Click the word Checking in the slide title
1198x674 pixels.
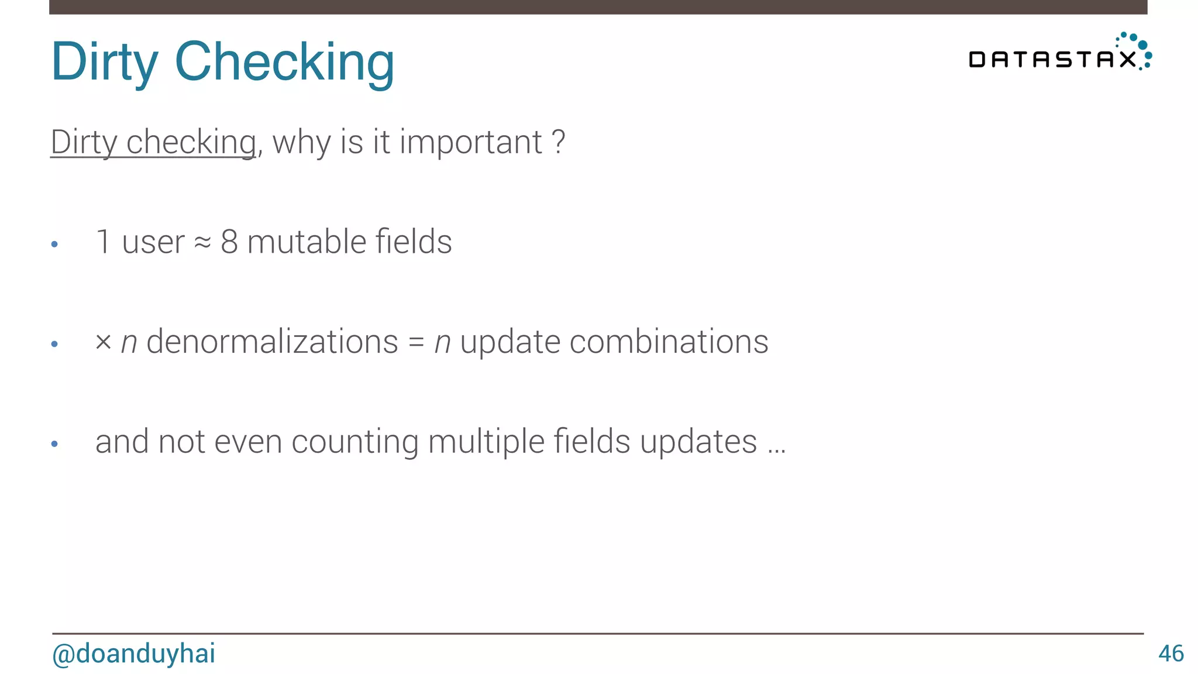(284, 62)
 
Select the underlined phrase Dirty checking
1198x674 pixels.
(153, 142)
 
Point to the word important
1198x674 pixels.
(471, 142)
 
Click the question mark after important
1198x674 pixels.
(559, 142)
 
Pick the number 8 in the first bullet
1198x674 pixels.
(229, 242)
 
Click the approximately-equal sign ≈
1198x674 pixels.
(202, 243)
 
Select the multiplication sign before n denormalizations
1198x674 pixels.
(103, 342)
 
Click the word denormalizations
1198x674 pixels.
(272, 342)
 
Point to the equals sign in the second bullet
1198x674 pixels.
(416, 342)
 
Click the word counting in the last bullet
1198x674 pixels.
(354, 442)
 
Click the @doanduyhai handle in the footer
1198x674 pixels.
(134, 654)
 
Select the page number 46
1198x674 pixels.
(1171, 654)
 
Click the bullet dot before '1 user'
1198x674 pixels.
(54, 244)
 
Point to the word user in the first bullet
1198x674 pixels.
(153, 242)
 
